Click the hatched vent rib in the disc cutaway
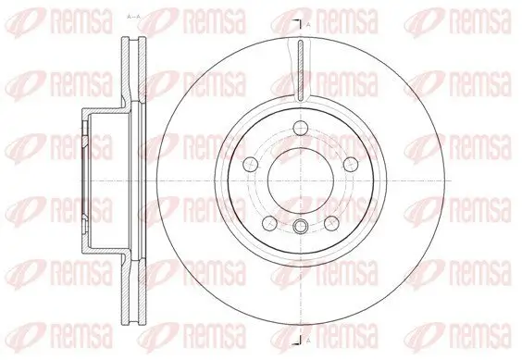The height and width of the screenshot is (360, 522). pos(300,69)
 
